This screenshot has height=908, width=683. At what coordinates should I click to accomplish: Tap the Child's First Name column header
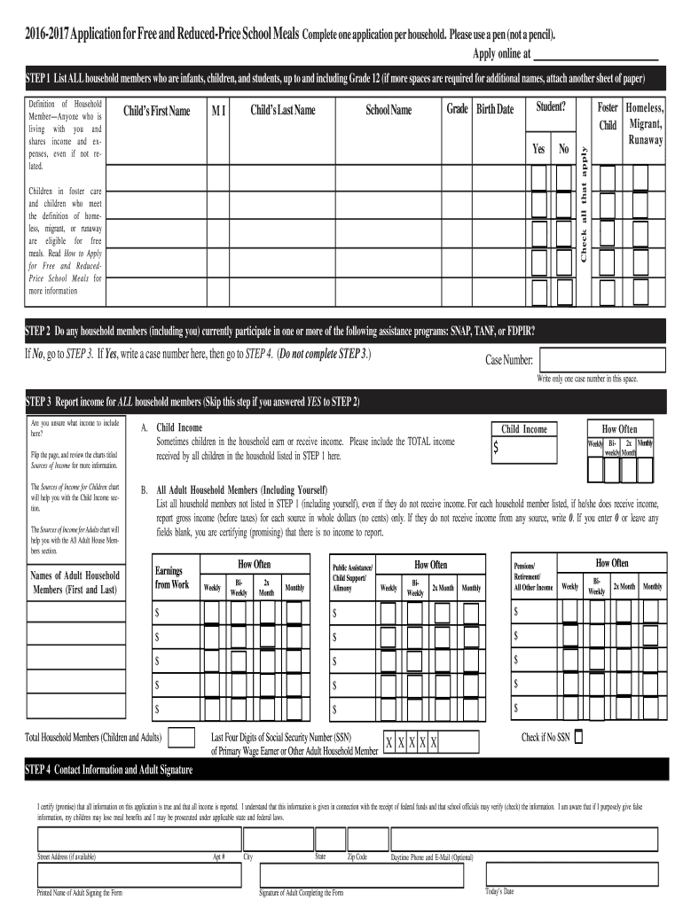156,111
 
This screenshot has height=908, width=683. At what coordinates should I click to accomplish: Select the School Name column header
389,111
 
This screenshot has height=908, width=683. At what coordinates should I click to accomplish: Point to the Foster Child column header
608,116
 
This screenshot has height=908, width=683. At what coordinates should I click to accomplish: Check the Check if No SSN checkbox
579,736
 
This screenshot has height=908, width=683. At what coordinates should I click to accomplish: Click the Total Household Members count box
182,738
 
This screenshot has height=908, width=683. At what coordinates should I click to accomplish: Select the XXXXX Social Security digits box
412,742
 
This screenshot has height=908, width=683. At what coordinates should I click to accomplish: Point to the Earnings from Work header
172,577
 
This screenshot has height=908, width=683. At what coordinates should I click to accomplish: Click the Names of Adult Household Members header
75,583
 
